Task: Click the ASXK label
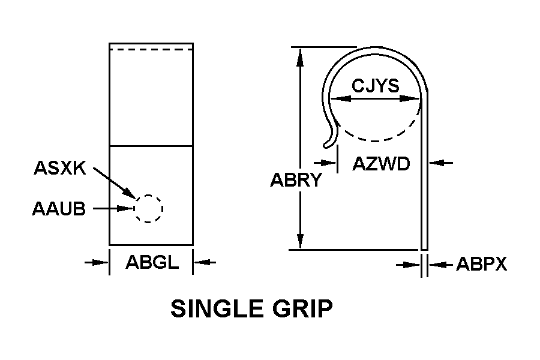click(x=60, y=168)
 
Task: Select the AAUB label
click(x=58, y=209)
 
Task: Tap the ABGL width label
click(x=151, y=262)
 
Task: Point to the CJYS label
click(x=375, y=86)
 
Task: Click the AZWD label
click(x=381, y=163)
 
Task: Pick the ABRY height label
click(x=296, y=180)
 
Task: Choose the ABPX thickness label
click(x=482, y=264)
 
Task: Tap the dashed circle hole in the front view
click(x=148, y=208)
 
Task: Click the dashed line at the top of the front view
click(x=151, y=50)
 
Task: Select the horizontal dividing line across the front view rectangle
click(x=151, y=146)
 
